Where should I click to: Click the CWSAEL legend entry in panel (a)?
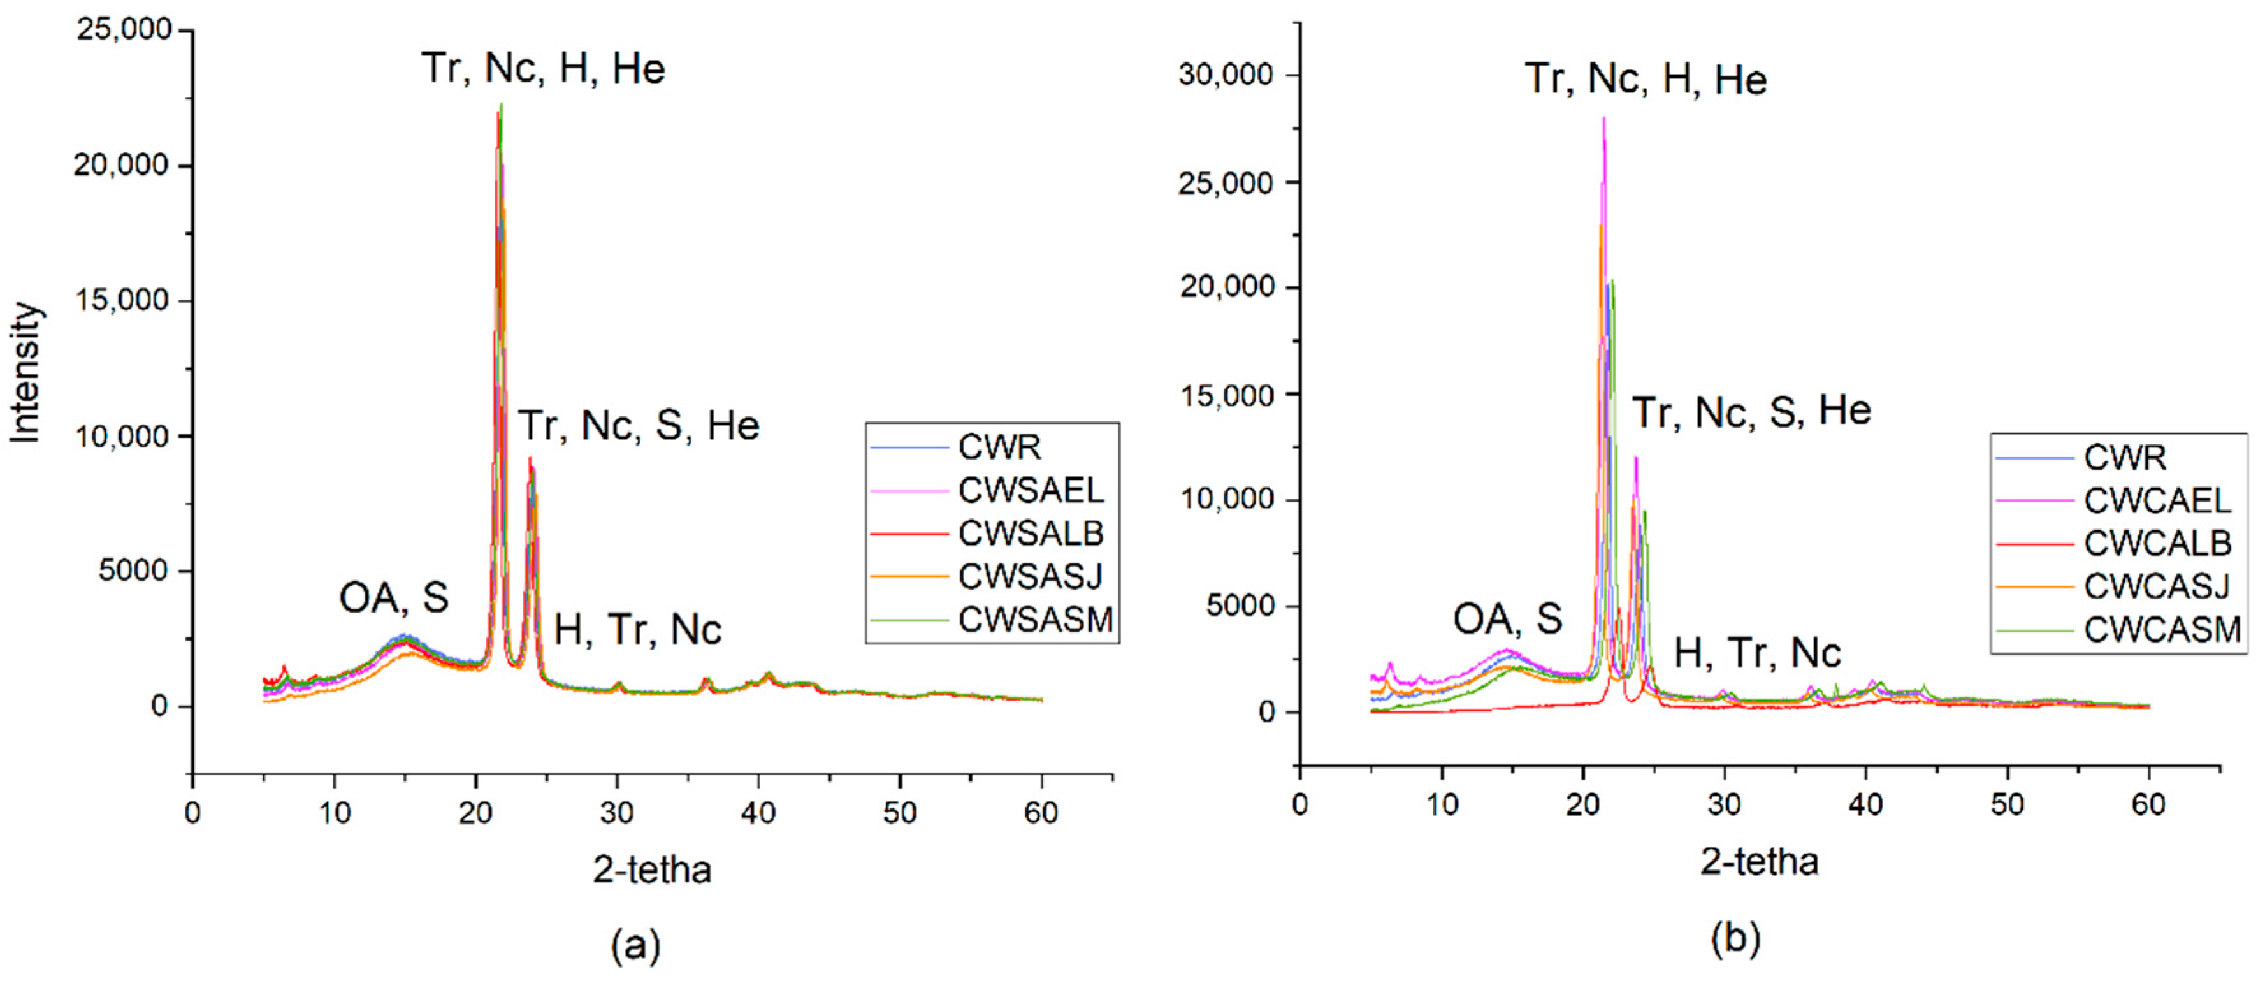(1030, 490)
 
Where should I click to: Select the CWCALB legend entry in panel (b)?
(2157, 543)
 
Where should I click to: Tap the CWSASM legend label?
(1035, 620)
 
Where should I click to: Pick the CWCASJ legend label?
(2156, 586)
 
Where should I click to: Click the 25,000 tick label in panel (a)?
(124, 29)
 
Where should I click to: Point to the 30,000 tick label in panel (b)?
(1226, 75)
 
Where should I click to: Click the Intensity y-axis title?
(25, 372)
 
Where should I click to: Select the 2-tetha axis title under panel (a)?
(651, 869)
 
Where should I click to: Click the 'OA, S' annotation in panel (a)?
(394, 599)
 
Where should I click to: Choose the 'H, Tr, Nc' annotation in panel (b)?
(1757, 653)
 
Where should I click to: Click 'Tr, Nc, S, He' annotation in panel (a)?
(639, 426)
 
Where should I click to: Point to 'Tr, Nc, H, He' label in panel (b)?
(1645, 79)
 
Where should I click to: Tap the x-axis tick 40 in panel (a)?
(758, 812)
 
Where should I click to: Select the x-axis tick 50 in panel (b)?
(2006, 804)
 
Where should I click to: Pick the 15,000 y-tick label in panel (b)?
(1226, 395)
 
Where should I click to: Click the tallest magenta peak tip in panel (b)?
(1603, 119)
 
